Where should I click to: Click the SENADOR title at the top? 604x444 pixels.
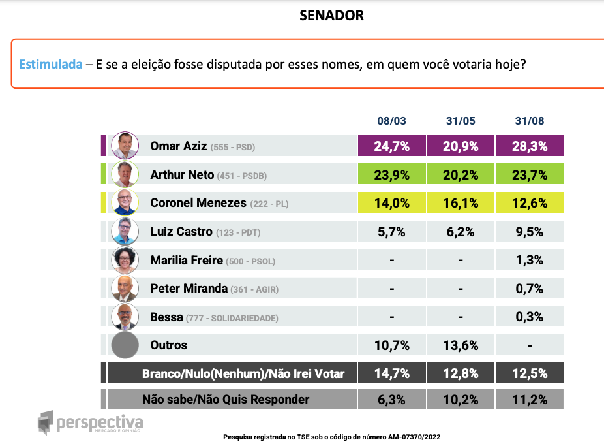[331, 16]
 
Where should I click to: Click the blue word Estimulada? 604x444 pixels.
[50, 65]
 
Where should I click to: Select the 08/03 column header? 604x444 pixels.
[391, 121]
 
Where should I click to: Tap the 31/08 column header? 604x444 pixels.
[530, 121]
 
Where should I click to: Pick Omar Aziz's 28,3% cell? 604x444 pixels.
[530, 146]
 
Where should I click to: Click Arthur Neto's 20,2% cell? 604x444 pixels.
[461, 174]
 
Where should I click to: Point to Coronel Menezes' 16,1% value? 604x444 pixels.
[461, 202]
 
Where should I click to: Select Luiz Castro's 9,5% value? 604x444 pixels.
[530, 231]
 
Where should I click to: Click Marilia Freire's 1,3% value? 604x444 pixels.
[530, 260]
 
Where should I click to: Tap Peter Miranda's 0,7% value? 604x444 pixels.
[530, 288]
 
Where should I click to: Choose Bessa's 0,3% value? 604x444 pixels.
[530, 317]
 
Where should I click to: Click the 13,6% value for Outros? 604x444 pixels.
[461, 345]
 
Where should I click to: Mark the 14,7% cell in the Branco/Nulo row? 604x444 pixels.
[391, 373]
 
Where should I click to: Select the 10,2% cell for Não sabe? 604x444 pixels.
[461, 399]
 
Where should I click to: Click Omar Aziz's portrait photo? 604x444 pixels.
[125, 145]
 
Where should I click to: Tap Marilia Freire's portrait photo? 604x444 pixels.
[125, 260]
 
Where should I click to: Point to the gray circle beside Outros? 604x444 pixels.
[125, 345]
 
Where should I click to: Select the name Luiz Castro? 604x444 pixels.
[181, 231]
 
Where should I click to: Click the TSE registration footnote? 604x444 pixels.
[337, 436]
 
